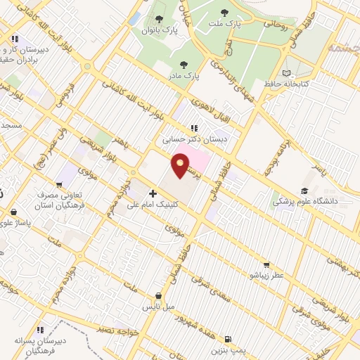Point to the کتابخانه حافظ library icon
tap(285, 73)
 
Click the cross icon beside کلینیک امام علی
tap(153, 193)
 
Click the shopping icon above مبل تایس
tap(157, 296)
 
